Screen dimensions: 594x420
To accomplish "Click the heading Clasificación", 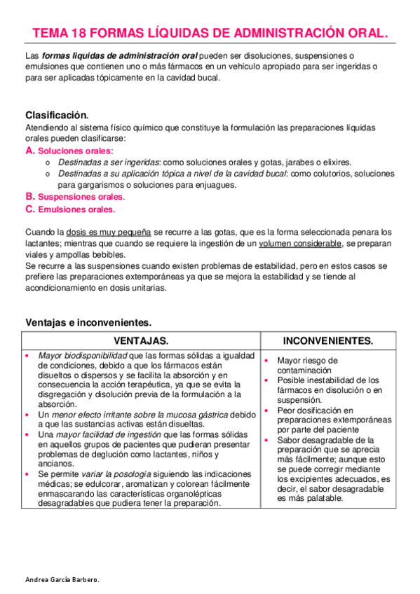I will [57, 115].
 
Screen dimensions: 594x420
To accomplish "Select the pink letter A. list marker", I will [30, 151].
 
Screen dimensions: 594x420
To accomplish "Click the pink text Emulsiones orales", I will [76, 209].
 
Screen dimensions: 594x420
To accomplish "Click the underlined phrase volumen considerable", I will [299, 242].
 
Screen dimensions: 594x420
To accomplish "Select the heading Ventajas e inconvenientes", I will [88, 322].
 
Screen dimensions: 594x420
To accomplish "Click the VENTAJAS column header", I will [141, 340].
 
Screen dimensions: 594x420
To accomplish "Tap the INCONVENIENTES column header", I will [327, 340].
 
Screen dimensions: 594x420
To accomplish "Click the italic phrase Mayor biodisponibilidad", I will [82, 356].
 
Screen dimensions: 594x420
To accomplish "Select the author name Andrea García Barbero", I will [62, 581].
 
